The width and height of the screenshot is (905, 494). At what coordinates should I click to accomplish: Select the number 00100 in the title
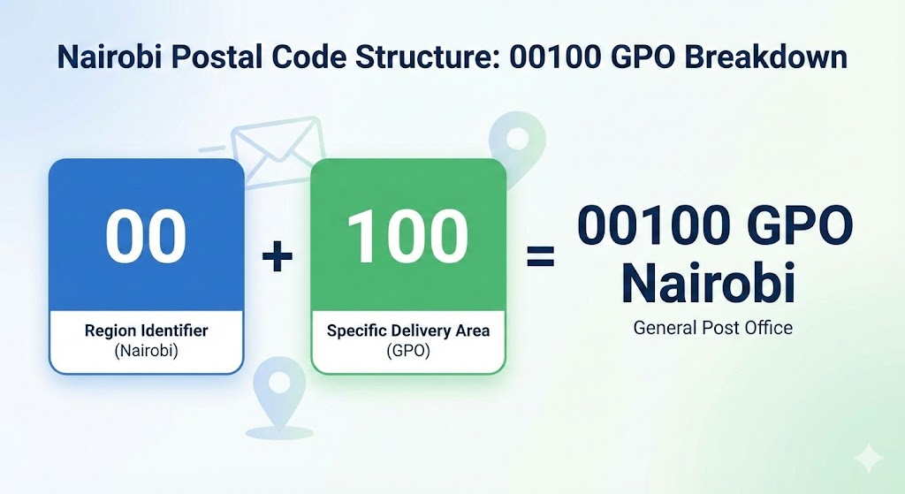point(551,57)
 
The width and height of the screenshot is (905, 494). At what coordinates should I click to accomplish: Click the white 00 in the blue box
point(146,235)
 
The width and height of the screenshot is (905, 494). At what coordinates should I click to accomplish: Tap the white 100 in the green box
point(407,235)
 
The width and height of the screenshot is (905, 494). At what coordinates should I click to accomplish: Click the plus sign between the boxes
point(277,255)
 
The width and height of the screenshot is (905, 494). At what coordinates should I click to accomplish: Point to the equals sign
point(541,256)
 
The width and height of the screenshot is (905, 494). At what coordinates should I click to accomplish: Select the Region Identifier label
point(146,331)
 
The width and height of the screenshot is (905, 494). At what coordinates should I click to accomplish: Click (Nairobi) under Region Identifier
point(146,350)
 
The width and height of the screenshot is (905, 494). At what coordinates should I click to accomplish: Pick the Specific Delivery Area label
point(408,331)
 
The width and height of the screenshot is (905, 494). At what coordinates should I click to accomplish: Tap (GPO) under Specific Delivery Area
point(408,350)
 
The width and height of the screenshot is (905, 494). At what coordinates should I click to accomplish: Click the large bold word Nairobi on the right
point(709,283)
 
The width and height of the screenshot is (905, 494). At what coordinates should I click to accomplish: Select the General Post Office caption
point(713,328)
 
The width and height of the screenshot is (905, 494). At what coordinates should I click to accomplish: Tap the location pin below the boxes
point(280,398)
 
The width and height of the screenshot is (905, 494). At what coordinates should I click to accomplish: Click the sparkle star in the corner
point(869,460)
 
